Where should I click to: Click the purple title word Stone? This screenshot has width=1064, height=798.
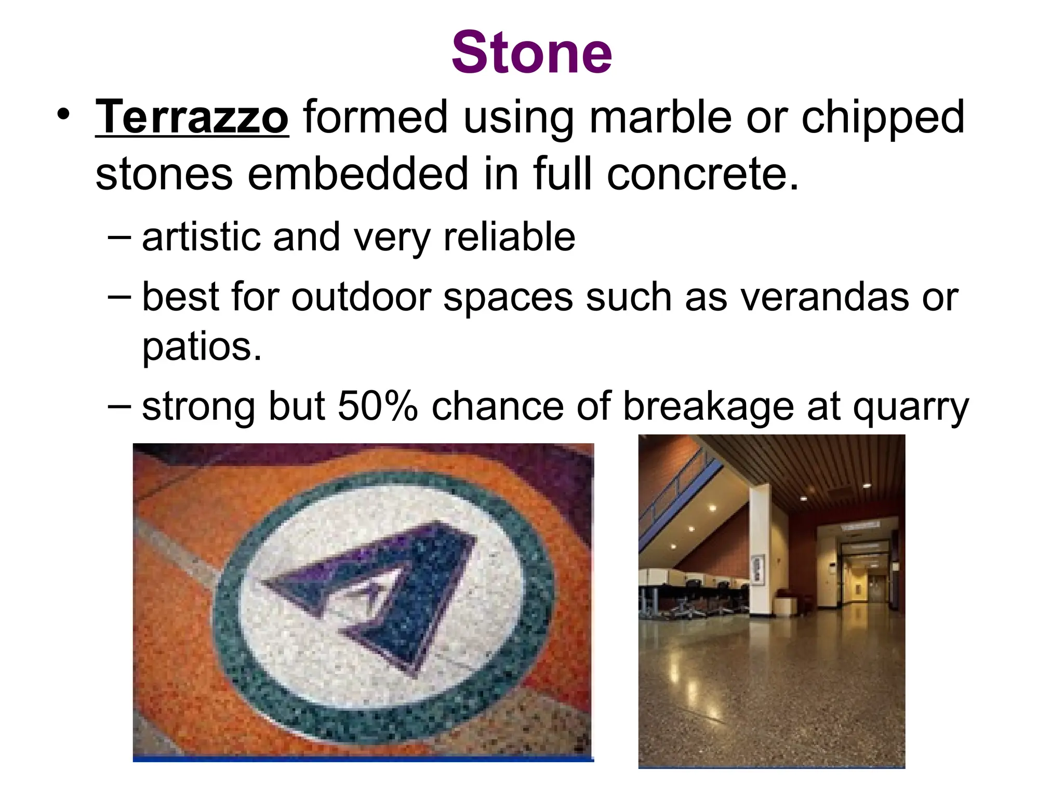pyautogui.click(x=531, y=52)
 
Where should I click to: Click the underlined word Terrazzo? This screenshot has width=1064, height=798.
pyautogui.click(x=192, y=117)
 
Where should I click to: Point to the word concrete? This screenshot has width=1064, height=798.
pyautogui.click(x=701, y=174)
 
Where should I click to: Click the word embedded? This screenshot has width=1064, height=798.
pyautogui.click(x=358, y=174)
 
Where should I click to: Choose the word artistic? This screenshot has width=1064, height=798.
pyautogui.click(x=200, y=237)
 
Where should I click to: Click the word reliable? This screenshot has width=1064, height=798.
pyautogui.click(x=509, y=237)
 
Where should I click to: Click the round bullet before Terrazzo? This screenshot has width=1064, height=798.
pyautogui.click(x=63, y=114)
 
